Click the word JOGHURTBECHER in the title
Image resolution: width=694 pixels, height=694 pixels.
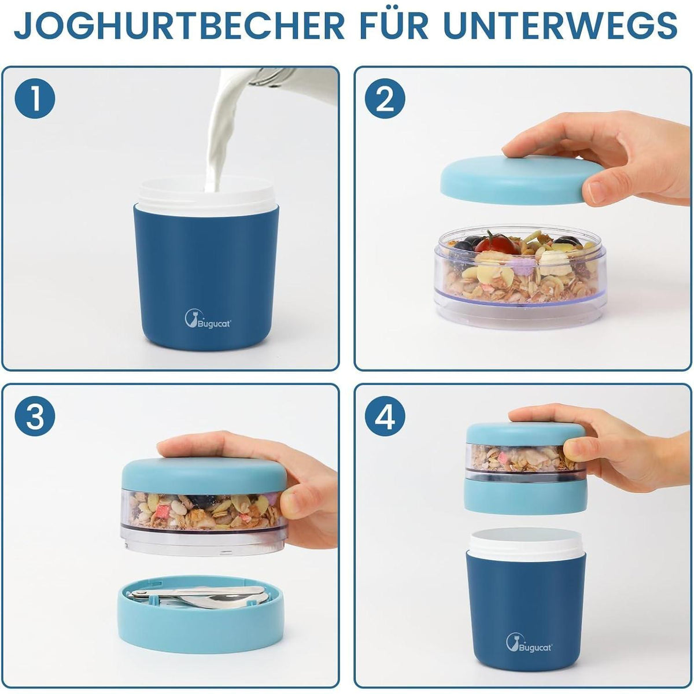pyautogui.click(x=179, y=26)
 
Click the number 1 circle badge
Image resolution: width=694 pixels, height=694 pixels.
pyautogui.click(x=35, y=99)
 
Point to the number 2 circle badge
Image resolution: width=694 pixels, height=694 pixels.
pyautogui.click(x=385, y=99)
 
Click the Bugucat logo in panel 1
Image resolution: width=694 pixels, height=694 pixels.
pyautogui.click(x=208, y=319)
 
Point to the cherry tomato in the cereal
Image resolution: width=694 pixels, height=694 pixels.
pyautogui.click(x=496, y=243)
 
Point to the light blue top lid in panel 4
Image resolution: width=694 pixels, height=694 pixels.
pyautogui.click(x=526, y=434)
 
